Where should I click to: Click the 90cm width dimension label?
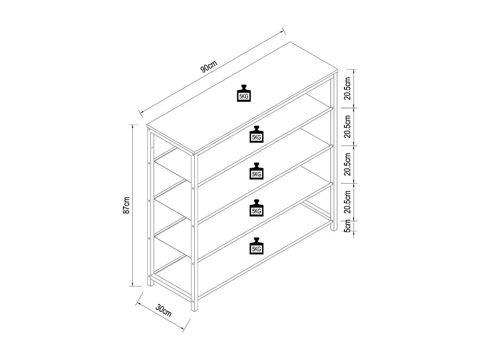tap(209, 68)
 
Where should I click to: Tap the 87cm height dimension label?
tap(127, 205)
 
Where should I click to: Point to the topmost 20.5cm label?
tap(348, 89)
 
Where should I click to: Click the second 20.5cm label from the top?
tap(348, 126)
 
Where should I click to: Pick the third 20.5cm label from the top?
tap(348, 164)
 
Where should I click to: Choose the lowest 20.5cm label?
tap(348, 201)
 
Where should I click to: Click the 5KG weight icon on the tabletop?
tap(244, 93)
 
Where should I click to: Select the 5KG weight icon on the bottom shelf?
tap(256, 246)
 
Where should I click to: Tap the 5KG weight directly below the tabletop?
tap(256, 134)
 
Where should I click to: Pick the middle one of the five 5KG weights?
tap(256, 171)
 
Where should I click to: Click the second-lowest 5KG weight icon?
tap(256, 208)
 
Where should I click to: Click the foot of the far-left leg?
tap(151, 285)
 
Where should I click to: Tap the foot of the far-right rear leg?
tap(334, 230)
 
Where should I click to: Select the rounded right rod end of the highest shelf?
tap(333, 108)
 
